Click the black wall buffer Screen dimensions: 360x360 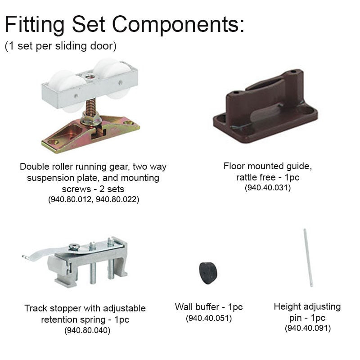tap(208, 272)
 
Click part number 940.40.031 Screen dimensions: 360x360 tap(267, 188)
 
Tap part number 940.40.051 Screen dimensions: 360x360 tap(208, 318)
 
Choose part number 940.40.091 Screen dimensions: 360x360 tap(307, 328)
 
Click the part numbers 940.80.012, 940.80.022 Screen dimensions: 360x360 tap(93, 199)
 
